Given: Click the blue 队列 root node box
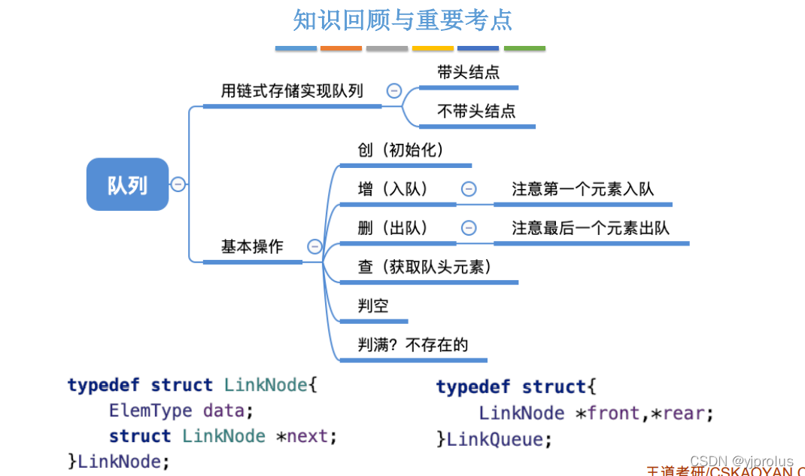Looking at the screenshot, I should (x=127, y=185).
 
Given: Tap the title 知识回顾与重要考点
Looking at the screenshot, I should (x=402, y=20).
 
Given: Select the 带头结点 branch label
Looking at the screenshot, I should (x=469, y=73).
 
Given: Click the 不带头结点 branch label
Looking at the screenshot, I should (x=476, y=111).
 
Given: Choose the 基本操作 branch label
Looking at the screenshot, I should (x=252, y=246).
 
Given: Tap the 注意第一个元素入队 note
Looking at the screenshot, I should (x=583, y=189).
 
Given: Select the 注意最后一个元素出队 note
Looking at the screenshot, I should (x=591, y=228).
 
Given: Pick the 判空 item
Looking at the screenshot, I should (x=373, y=306).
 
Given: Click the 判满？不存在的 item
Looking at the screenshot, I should (x=413, y=345).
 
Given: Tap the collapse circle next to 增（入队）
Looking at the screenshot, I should (x=469, y=189).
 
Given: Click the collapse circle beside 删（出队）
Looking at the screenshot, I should (x=469, y=228).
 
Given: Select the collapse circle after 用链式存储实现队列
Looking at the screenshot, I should (x=393, y=91).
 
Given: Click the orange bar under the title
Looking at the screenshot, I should (x=341, y=49).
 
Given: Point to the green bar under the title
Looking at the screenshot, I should (x=524, y=49).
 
